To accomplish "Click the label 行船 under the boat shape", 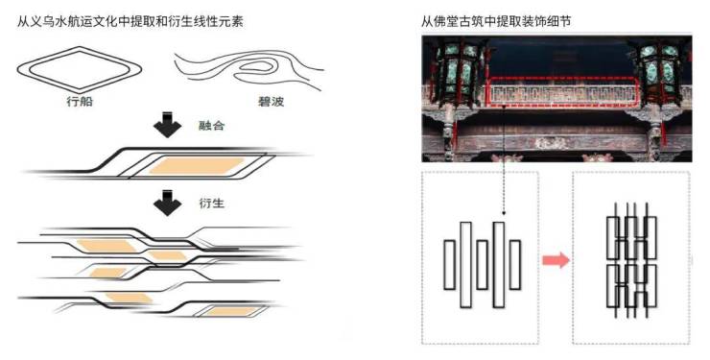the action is pyautogui.click(x=80, y=101).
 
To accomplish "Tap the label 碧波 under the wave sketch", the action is pyautogui.click(x=271, y=101).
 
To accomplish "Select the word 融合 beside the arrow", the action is pyautogui.click(x=211, y=126).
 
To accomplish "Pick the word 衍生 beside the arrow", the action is pyautogui.click(x=211, y=203).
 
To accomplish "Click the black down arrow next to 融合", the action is pyautogui.click(x=168, y=124).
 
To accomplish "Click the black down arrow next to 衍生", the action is pyautogui.click(x=168, y=203).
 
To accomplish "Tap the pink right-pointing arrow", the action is pyautogui.click(x=556, y=260).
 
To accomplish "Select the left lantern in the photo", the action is pyautogui.click(x=458, y=71).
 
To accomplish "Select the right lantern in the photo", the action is pyautogui.click(x=660, y=72).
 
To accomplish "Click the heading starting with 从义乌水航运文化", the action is pyautogui.click(x=130, y=21).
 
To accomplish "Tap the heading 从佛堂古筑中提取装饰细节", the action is pyautogui.click(x=496, y=21).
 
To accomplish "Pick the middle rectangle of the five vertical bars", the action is pyautogui.click(x=483, y=265).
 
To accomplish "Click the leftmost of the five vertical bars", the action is pyautogui.click(x=449, y=265).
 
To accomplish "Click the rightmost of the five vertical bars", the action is pyautogui.click(x=515, y=265).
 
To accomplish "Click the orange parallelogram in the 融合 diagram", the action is pyautogui.click(x=196, y=166).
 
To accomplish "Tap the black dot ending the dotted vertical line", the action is pyautogui.click(x=504, y=212).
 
